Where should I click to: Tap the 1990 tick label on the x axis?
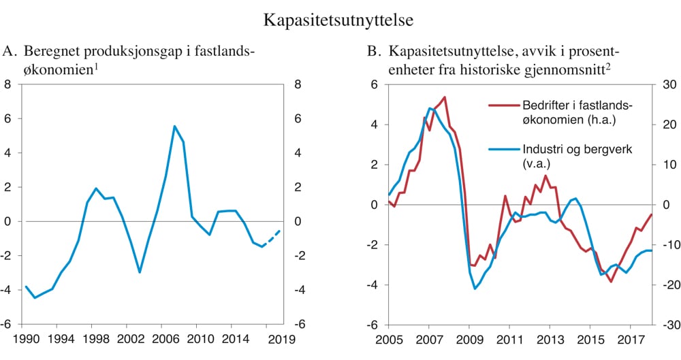tap(25, 338)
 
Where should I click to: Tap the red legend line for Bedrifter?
tap(503, 105)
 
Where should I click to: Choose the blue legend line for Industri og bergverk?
tap(503, 150)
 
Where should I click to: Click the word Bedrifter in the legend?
tap(545, 105)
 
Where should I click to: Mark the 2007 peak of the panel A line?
tap(174, 126)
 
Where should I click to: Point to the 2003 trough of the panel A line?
tap(140, 272)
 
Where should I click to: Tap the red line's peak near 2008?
tap(444, 97)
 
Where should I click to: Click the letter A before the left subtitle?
tap(9, 51)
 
